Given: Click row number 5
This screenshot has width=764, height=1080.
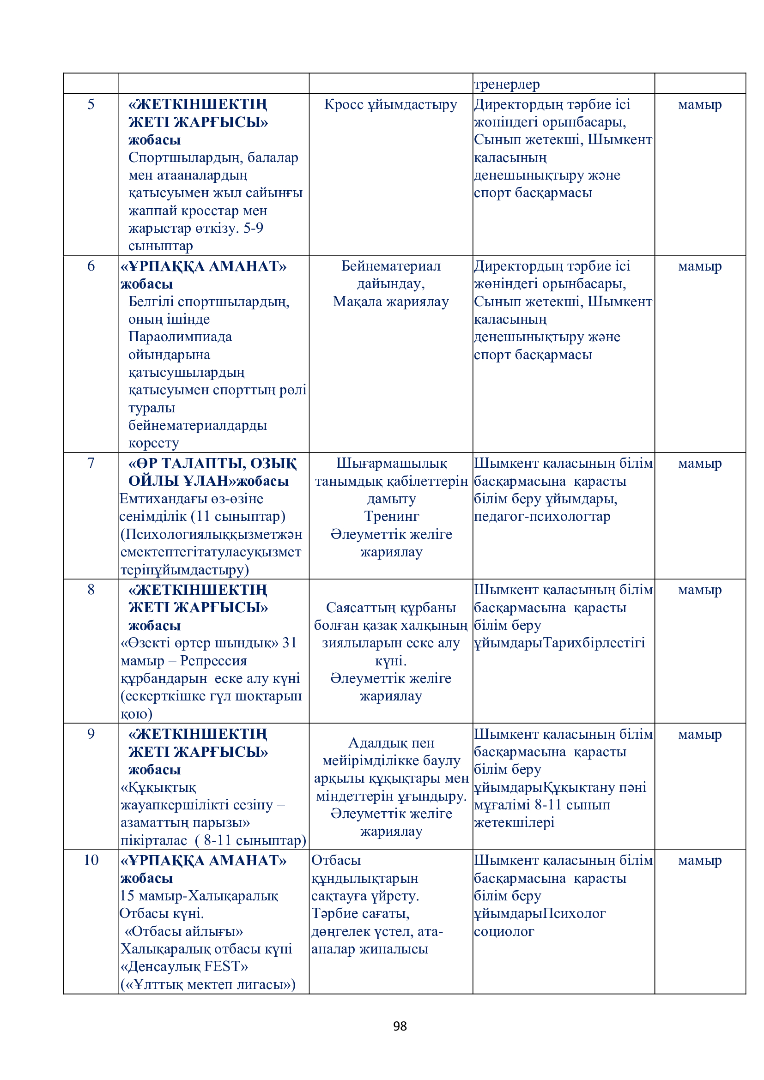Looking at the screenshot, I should pyautogui.click(x=91, y=104).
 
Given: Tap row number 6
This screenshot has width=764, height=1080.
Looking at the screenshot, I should pyautogui.click(x=91, y=266).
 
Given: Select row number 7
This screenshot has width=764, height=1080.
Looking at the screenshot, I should pyautogui.click(x=91, y=463).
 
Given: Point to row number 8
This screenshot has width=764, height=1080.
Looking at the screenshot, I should pyautogui.click(x=91, y=589).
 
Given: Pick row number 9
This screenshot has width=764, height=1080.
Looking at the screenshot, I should pyautogui.click(x=91, y=734).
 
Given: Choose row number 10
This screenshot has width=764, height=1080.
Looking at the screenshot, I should pyautogui.click(x=91, y=860).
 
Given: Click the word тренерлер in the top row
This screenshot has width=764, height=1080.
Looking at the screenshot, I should pyautogui.click(x=507, y=84).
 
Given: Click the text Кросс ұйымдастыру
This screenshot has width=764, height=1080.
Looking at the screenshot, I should pyautogui.click(x=390, y=104).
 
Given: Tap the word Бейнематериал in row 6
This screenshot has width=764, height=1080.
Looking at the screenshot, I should pyautogui.click(x=391, y=266).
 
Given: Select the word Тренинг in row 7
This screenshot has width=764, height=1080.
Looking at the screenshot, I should pyautogui.click(x=391, y=516).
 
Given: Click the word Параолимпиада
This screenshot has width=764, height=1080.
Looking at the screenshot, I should pyautogui.click(x=180, y=336).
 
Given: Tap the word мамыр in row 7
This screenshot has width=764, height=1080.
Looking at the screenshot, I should pyautogui.click(x=699, y=463).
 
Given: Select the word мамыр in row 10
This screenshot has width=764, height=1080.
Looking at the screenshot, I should pyautogui.click(x=699, y=860).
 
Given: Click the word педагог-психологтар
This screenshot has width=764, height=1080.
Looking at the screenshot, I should pyautogui.click(x=542, y=516).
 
